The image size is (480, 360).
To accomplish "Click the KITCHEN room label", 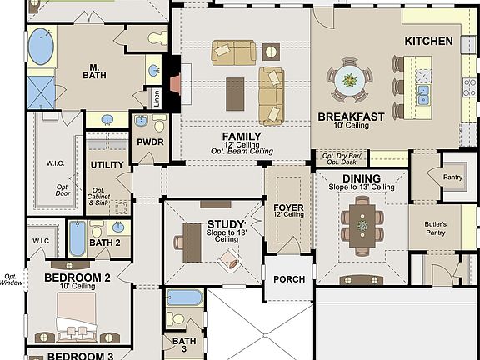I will coord(428,41).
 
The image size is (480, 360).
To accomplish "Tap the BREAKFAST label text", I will coord(351,117).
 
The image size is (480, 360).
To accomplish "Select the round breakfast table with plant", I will coord(347,81).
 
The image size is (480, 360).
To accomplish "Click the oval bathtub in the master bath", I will coord(41,46).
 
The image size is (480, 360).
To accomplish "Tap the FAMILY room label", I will coord(241,136).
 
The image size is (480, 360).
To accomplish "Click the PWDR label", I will coord(151,142).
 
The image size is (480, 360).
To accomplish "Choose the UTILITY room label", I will coord(107,165).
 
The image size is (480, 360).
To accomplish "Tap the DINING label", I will coord(361,178).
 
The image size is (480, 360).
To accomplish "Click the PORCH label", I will coord(288,279).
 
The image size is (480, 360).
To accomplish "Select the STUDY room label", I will coord(225,223).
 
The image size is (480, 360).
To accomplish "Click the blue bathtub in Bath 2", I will coord(77,237).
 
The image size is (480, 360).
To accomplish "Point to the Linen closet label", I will coord(156,98).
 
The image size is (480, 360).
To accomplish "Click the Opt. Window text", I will coord(10,279).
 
